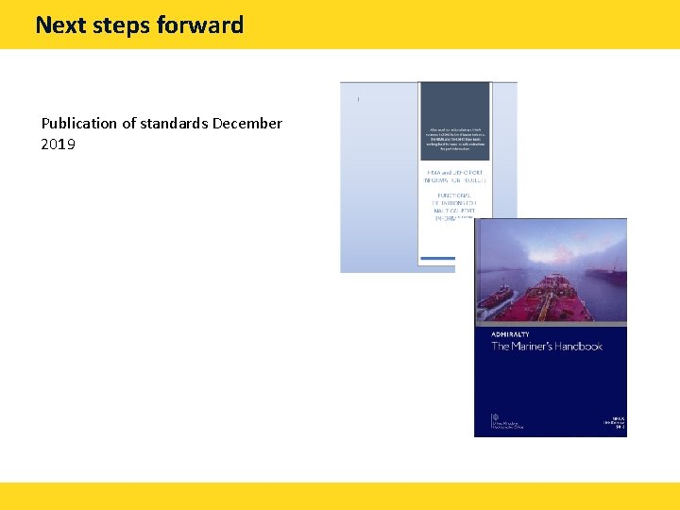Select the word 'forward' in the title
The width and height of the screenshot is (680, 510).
pos(203,25)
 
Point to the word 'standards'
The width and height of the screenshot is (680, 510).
pos(177,124)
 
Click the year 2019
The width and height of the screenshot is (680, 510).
pos(59,144)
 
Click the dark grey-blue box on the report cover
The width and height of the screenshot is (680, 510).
pos(454,121)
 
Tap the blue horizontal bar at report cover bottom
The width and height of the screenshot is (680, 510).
pos(436,258)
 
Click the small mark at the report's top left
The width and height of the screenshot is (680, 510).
pos(358,99)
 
